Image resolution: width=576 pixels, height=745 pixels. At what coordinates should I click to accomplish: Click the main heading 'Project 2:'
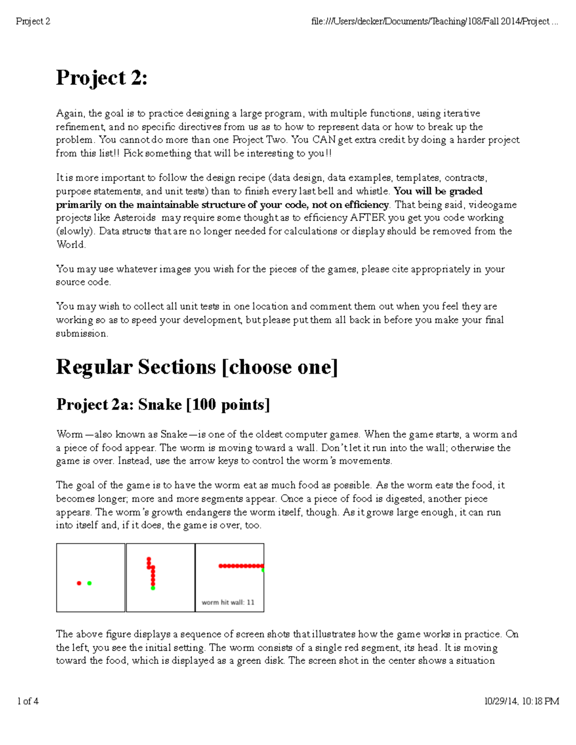click(102, 78)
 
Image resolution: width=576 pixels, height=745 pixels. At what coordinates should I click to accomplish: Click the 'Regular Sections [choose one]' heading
click(197, 367)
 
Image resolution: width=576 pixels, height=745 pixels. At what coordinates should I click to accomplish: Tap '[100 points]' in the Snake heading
click(228, 405)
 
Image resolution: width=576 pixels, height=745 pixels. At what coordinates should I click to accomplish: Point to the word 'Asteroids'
click(135, 218)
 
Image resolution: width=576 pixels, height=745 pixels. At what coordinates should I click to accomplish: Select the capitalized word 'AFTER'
click(368, 218)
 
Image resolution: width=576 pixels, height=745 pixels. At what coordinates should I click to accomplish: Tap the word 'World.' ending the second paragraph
click(71, 245)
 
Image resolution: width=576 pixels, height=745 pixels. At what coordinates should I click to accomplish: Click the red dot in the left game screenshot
click(79, 583)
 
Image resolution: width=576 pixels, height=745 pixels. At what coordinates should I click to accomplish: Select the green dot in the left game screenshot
click(89, 583)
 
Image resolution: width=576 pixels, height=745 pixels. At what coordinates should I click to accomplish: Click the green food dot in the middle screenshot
click(153, 588)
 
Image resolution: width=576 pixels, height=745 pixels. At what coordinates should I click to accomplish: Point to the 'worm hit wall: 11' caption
click(228, 603)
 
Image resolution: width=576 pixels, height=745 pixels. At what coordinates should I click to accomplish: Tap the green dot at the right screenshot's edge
click(263, 570)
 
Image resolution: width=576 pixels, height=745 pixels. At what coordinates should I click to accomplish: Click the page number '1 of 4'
click(28, 701)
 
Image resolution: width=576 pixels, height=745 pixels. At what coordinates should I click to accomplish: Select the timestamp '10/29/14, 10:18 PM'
click(521, 701)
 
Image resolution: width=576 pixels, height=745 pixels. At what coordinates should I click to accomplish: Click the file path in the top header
click(434, 22)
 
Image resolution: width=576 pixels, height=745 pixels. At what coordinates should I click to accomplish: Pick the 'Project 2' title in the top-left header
click(33, 22)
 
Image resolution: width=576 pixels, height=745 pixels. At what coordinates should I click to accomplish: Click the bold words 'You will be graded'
click(438, 191)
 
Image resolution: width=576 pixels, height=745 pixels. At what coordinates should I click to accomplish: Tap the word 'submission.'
click(82, 333)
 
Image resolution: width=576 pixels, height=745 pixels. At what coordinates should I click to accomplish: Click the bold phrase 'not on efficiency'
click(350, 205)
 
